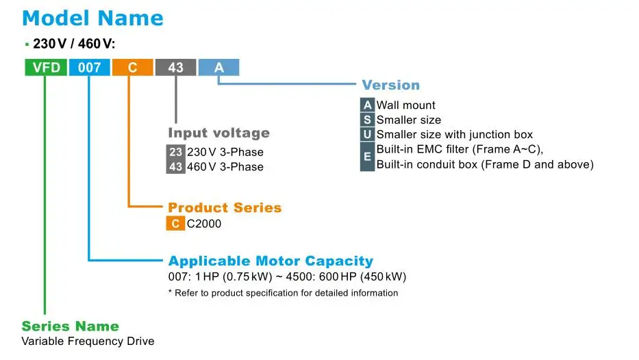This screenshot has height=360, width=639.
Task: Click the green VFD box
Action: (46, 67)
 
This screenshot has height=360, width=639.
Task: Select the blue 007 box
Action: (89, 67)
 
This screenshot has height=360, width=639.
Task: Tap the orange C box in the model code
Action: (132, 67)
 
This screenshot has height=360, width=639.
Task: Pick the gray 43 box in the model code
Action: (175, 67)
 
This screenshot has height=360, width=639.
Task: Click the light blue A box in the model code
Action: (219, 67)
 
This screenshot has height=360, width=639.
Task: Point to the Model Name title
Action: (93, 18)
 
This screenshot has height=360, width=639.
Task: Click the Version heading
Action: (390, 85)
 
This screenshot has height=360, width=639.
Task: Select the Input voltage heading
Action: (218, 133)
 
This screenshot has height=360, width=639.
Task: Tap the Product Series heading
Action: (225, 207)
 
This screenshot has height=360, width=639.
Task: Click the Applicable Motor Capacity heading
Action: (271, 261)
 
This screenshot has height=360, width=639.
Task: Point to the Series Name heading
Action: (70, 326)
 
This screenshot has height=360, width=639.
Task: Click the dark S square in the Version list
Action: (368, 120)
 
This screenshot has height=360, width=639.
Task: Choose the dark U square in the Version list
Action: (368, 134)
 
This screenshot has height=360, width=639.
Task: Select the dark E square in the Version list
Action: (368, 157)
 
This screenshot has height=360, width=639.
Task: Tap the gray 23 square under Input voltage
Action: (176, 152)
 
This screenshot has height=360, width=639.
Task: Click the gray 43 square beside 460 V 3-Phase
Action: (176, 166)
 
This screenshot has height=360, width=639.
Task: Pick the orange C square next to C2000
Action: (176, 223)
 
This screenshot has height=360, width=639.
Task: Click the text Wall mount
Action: (405, 105)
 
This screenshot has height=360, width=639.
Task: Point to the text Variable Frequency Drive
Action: (88, 341)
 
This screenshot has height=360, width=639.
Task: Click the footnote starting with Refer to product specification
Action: (283, 293)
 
